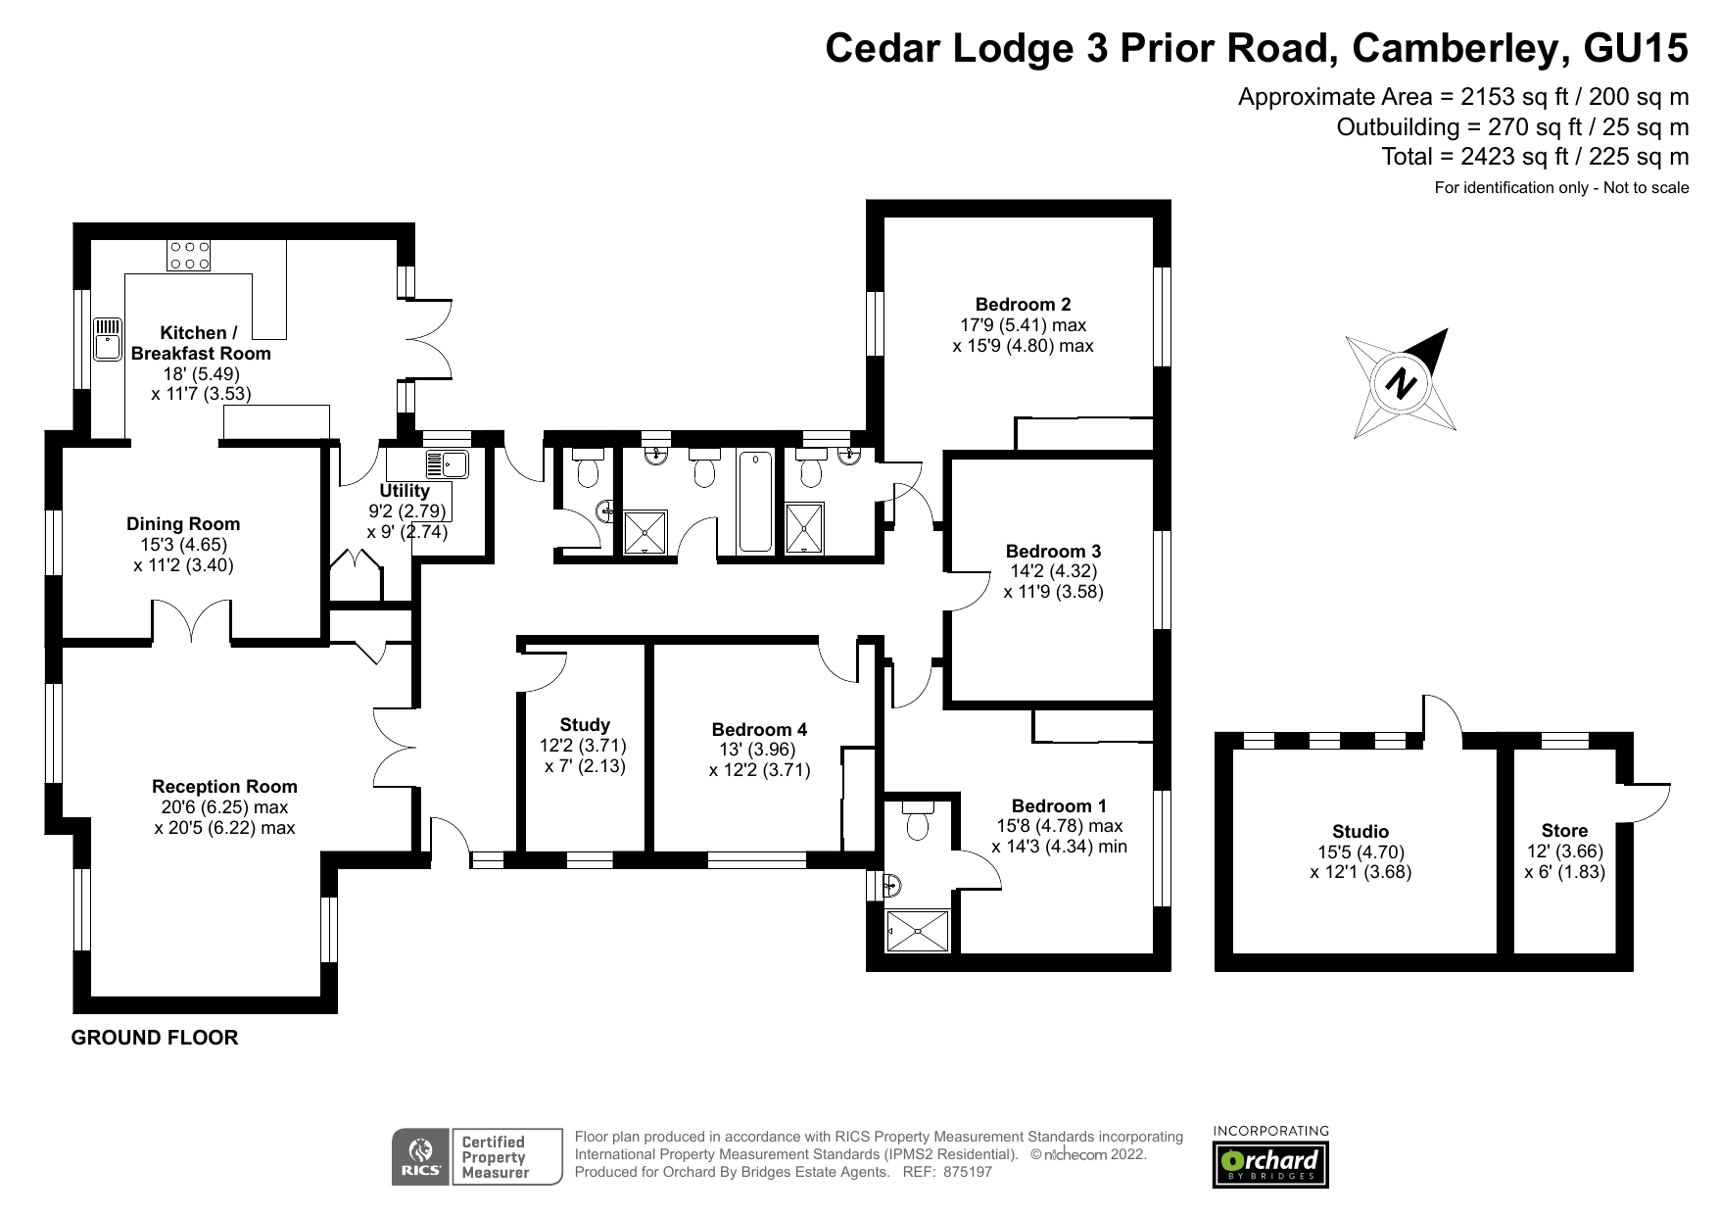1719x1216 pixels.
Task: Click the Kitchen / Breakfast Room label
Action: point(201,343)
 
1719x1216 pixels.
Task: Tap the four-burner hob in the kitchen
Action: point(189,255)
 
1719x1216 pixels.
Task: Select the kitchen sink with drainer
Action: point(108,338)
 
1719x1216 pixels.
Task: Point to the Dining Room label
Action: point(183,524)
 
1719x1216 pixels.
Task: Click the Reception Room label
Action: point(224,786)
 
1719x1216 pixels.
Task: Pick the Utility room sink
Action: point(448,463)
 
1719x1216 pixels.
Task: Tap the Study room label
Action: point(585,725)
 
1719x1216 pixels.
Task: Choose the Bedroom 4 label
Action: point(759,730)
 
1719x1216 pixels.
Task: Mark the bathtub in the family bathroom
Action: point(754,502)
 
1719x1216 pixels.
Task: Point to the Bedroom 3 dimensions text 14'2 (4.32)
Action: point(1053,571)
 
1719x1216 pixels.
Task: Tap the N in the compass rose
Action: point(1402,383)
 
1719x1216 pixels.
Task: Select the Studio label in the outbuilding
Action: point(1361,832)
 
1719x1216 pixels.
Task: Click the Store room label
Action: point(1564,831)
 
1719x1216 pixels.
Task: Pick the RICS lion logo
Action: point(421,1156)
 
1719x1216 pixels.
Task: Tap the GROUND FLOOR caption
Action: point(155,1038)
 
